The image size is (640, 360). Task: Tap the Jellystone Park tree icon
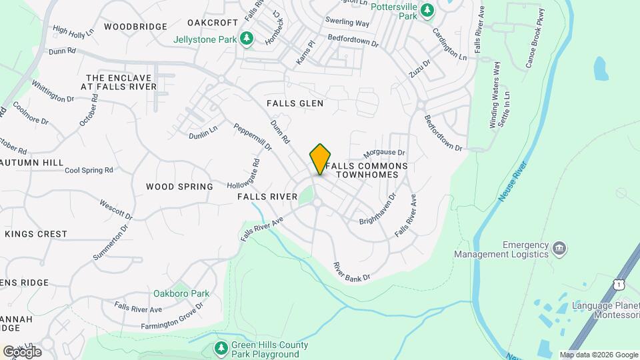coord(247,39)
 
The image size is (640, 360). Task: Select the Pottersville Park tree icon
coord(427,11)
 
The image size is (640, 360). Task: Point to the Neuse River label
coord(512,180)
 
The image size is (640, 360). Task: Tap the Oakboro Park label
coord(181,293)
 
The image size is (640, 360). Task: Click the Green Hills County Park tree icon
coord(221,347)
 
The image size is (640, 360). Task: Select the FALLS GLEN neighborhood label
coord(295,103)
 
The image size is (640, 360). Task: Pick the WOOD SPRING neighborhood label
coord(179,187)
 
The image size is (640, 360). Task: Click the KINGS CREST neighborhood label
coord(36,234)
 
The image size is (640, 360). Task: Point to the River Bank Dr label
coord(351,271)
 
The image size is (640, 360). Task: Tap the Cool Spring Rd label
coord(89,171)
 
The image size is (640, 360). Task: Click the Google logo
coord(22,351)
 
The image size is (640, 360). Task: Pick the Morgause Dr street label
coord(384,155)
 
